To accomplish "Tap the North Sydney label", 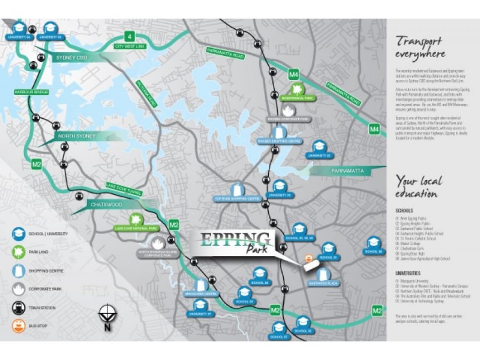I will coord(76,136).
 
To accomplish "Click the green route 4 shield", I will coord(128,34).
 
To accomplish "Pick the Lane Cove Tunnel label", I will coord(124,188).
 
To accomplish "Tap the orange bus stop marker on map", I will coord(310,259).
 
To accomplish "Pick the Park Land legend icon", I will coord(19,251).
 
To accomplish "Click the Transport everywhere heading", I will coord(421,47).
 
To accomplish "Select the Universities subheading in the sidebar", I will coord(407,273).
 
